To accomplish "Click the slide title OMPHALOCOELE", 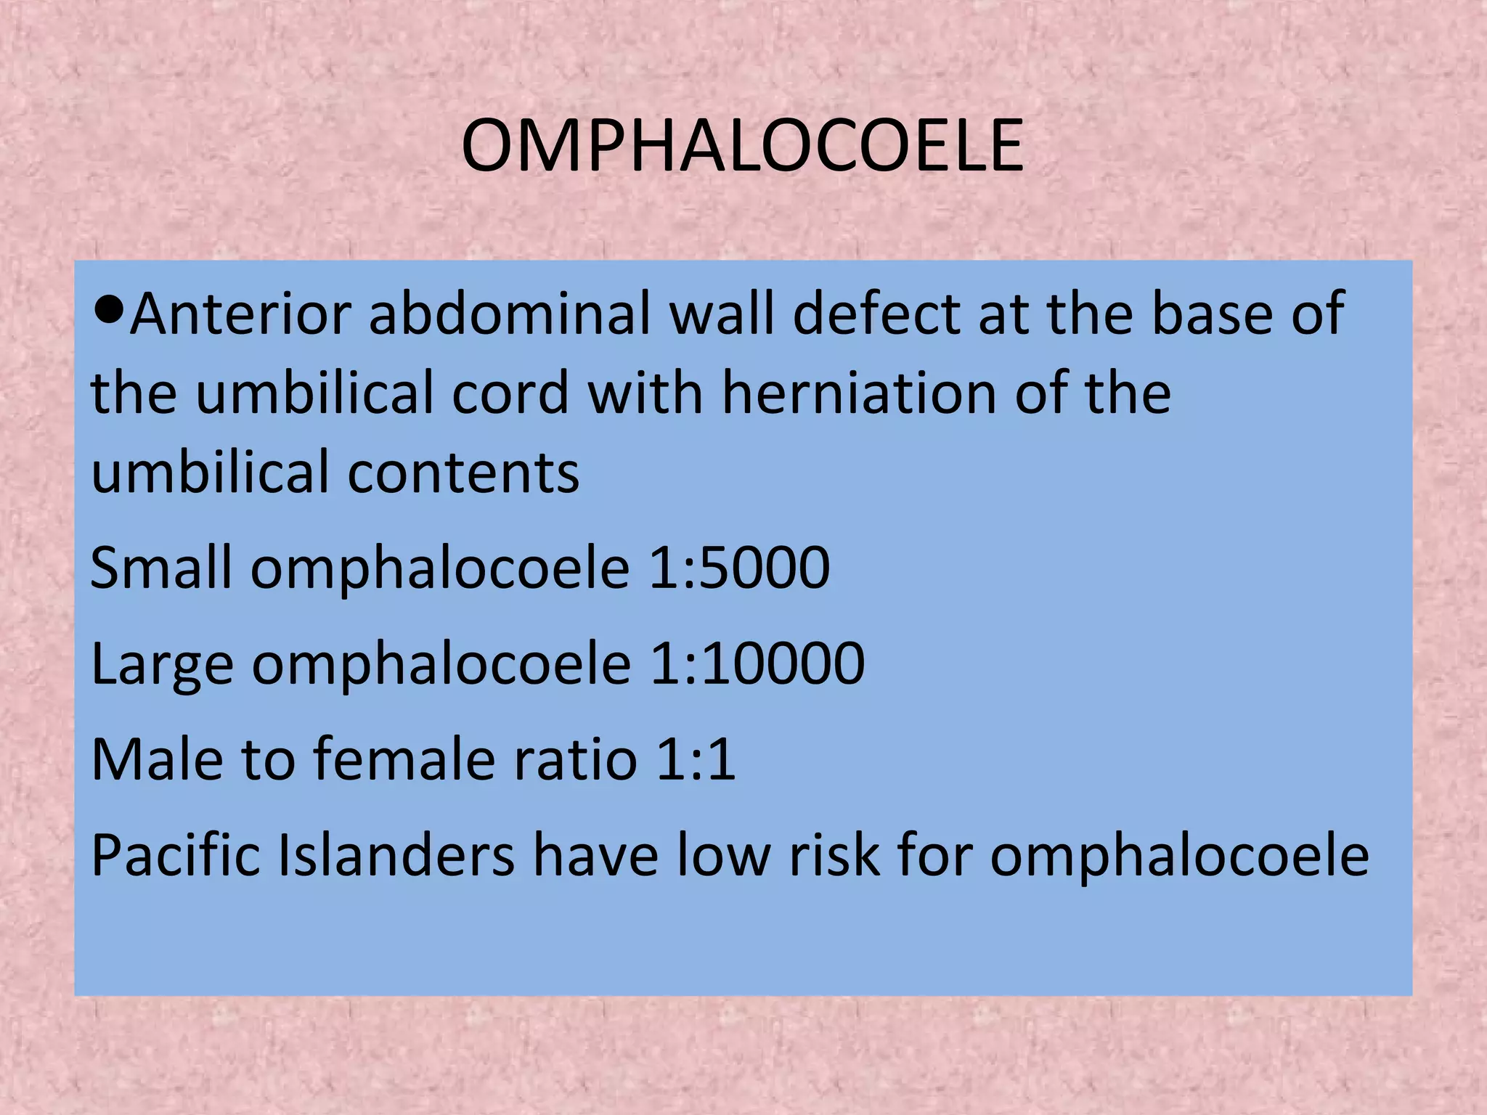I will (742, 147).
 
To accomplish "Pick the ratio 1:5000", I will (738, 568).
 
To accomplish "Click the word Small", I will (161, 568).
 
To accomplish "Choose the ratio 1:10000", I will (757, 663).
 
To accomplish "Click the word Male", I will (158, 759).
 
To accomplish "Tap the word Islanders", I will (396, 855).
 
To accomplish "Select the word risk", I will (834, 855).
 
